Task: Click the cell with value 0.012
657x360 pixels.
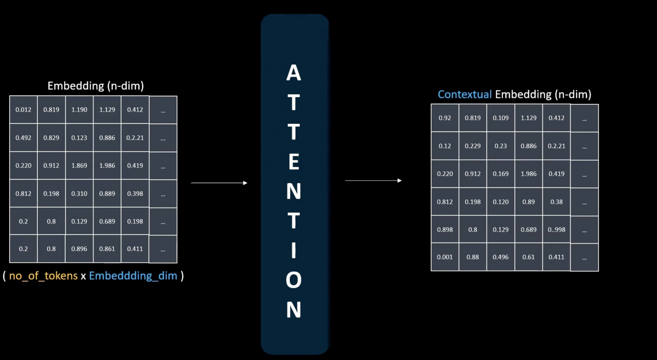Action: [x=24, y=110]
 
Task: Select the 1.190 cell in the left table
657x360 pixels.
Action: [x=79, y=110]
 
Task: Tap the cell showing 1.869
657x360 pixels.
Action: [x=79, y=165]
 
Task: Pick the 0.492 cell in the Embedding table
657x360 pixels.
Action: [x=24, y=138]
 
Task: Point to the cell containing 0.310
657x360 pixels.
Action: [x=79, y=194]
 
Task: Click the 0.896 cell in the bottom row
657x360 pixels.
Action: [x=79, y=249]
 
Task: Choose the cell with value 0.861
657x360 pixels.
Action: [x=107, y=249]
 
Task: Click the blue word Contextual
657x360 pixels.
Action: [x=465, y=94]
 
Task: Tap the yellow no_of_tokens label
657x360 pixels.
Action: [x=43, y=276]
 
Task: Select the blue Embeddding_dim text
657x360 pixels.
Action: [x=133, y=276]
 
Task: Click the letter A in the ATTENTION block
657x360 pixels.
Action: [x=294, y=73]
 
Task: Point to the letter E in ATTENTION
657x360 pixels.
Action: [x=294, y=162]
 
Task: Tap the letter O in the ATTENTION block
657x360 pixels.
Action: [x=294, y=280]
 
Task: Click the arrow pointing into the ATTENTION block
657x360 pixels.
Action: [x=219, y=183]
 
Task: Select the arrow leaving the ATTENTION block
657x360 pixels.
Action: [x=373, y=181]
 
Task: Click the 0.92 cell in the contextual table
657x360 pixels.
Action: [x=445, y=118]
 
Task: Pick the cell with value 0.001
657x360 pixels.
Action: [x=445, y=257]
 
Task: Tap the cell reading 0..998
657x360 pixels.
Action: [x=556, y=229]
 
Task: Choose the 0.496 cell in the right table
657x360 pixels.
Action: [x=501, y=257]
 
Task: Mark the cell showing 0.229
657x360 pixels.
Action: [x=473, y=146]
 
